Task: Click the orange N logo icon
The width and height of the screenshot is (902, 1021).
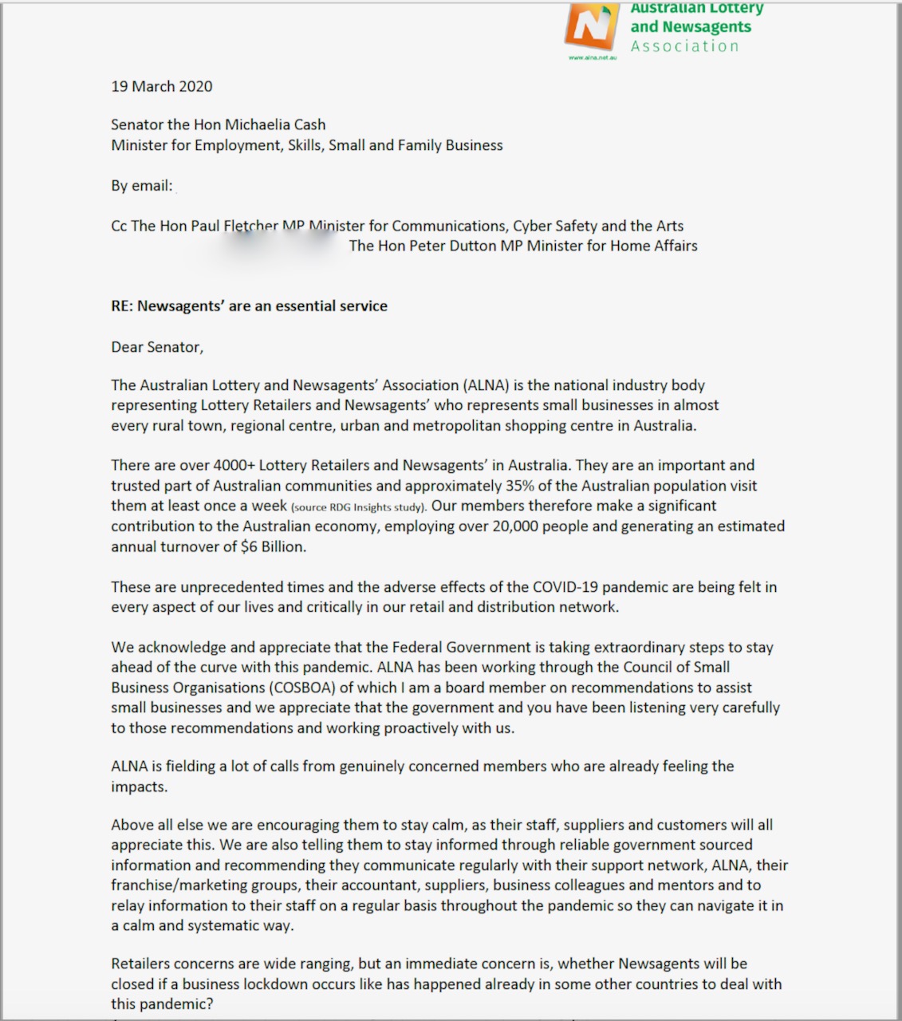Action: coord(591,26)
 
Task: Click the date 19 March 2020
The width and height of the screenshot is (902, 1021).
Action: coord(162,86)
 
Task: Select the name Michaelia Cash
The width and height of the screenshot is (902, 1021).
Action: coord(275,124)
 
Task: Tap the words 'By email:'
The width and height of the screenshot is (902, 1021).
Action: coord(142,186)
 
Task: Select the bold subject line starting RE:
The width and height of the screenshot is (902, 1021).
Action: coord(249,306)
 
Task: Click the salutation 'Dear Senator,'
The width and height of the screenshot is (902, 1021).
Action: coord(157,347)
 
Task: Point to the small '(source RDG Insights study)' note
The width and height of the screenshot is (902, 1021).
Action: coord(359,507)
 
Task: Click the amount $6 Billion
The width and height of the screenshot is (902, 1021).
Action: coord(273,547)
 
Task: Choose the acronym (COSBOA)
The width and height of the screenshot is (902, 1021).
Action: coord(299,688)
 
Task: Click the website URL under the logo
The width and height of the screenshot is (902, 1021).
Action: coord(592,58)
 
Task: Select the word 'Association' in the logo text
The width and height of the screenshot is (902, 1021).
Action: coord(684,46)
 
